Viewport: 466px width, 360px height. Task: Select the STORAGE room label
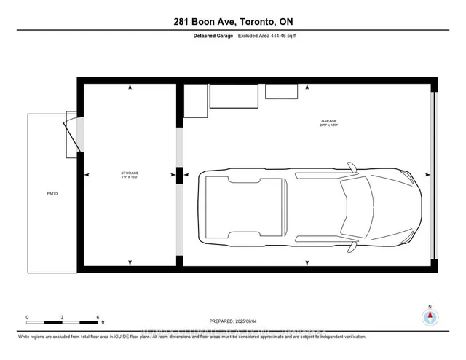point(129,173)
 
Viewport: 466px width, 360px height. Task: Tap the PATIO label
point(52,194)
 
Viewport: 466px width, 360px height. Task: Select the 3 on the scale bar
point(63,318)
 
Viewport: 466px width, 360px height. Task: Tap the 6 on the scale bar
point(98,318)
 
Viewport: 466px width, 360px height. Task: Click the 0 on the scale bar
point(27,318)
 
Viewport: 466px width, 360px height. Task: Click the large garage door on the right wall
point(435,176)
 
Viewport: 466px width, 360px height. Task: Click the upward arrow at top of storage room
point(130,87)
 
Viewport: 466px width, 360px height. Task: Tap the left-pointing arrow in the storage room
point(88,175)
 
